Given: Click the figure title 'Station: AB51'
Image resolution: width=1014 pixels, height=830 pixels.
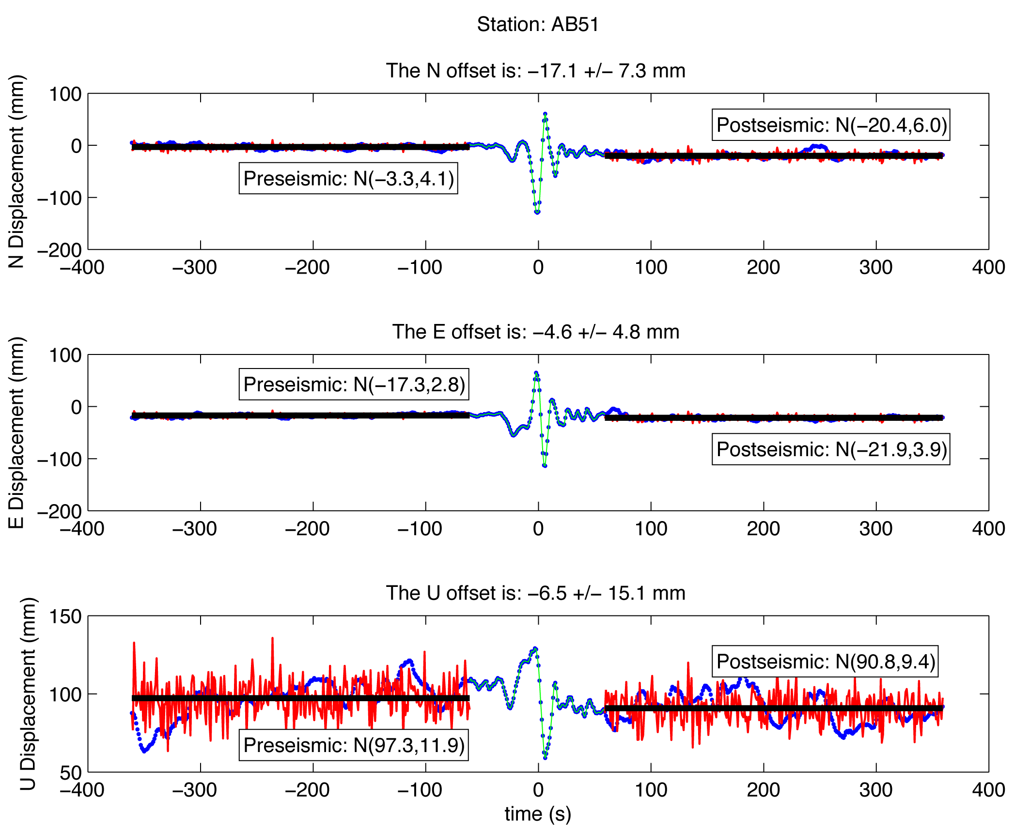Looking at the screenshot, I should [x=538, y=24].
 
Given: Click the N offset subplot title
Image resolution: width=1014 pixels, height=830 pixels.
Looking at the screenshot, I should [x=535, y=71].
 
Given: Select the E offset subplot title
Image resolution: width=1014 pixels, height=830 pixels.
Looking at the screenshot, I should [x=535, y=332].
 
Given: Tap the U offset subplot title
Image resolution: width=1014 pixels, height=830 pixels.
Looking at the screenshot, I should [x=535, y=593].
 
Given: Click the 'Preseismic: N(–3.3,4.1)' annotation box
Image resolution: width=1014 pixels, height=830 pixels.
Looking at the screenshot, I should [x=348, y=178].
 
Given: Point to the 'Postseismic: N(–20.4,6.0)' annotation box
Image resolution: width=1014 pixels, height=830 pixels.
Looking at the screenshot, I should [x=831, y=125].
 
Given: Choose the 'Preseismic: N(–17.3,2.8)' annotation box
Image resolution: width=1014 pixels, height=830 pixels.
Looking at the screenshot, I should [x=354, y=384].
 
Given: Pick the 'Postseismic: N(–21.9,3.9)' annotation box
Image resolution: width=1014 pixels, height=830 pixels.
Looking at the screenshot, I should [x=831, y=449].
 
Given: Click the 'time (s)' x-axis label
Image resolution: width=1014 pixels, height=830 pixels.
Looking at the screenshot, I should [x=538, y=814].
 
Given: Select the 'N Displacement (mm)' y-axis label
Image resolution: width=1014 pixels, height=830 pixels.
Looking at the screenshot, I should [x=16, y=171].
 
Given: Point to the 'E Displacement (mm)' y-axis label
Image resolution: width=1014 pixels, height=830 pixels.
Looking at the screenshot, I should [x=16, y=432].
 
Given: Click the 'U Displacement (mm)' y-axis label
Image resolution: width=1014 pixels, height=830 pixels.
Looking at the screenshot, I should [x=28, y=693].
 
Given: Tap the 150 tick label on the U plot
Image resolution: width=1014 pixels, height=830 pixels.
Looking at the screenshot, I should [x=65, y=616].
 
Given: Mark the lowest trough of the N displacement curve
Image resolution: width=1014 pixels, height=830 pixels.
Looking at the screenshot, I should [x=537, y=212].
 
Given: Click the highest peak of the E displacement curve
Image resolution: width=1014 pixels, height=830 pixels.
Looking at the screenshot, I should [x=536, y=373].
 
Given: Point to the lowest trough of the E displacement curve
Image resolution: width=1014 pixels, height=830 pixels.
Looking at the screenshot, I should [x=545, y=465].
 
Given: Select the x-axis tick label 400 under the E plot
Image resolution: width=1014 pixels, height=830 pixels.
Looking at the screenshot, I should [x=988, y=528].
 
